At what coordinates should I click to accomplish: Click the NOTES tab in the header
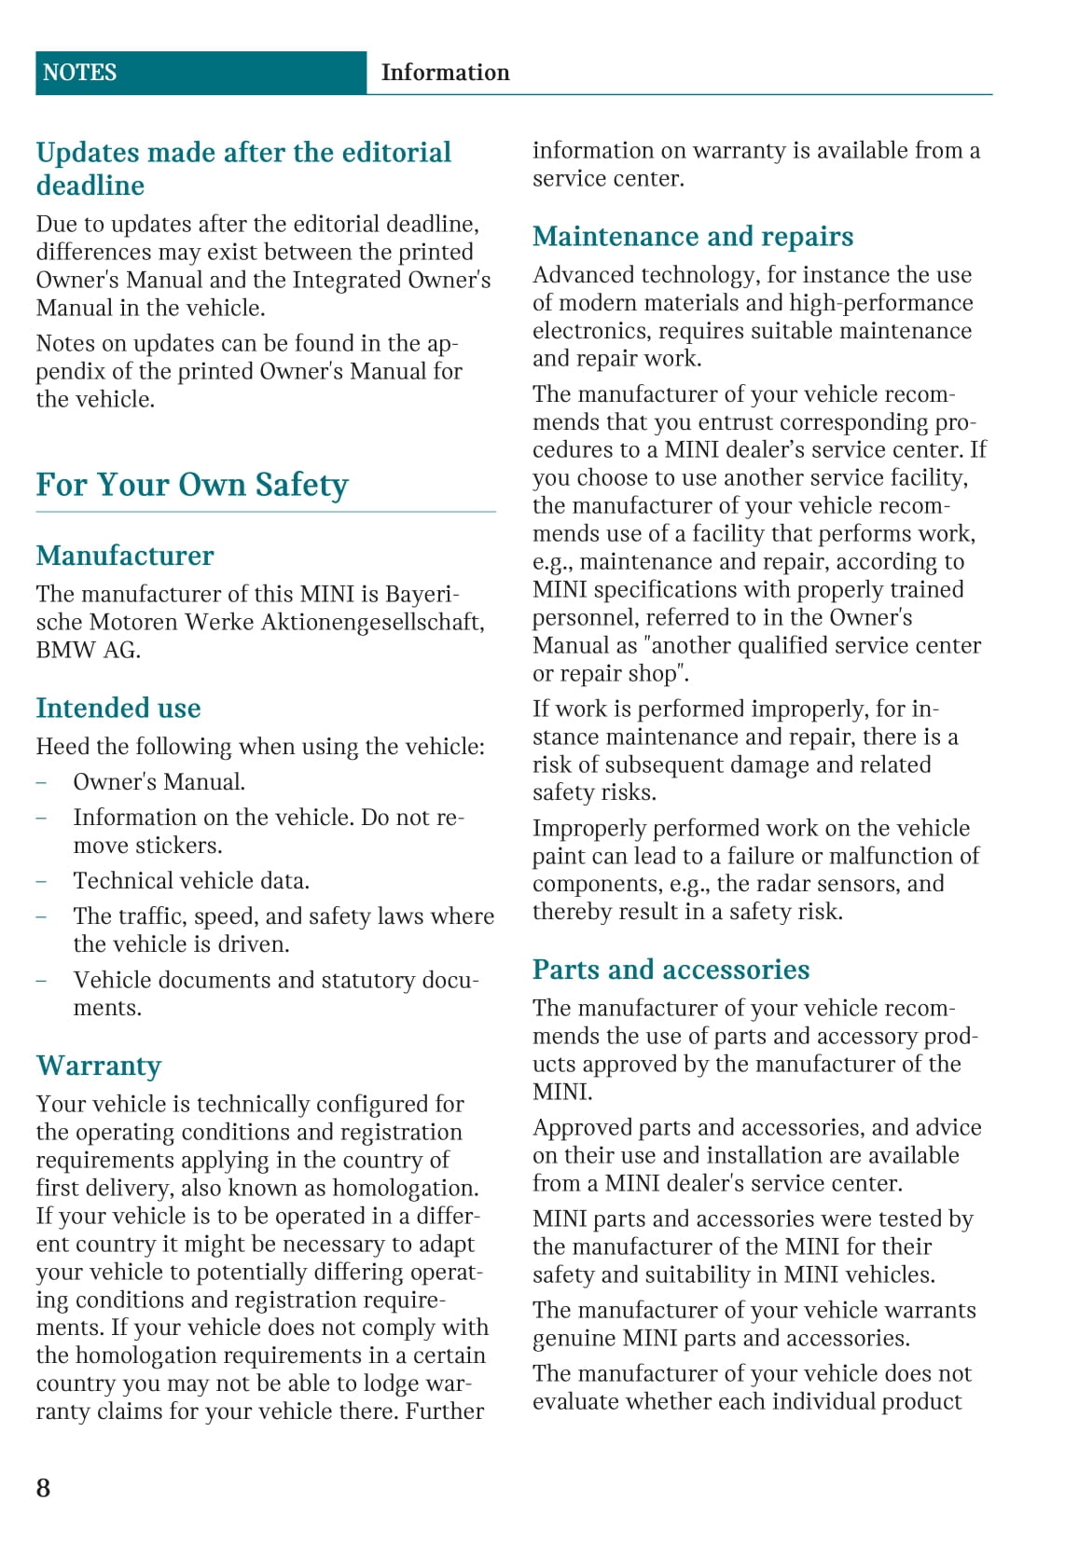[x=80, y=73]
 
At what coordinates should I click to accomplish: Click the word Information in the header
[x=445, y=73]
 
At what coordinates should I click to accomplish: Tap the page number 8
[x=44, y=1487]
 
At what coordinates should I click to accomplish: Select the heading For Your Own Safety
[x=192, y=485]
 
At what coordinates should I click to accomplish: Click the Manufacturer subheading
[x=125, y=556]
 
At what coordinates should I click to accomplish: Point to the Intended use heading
[x=118, y=709]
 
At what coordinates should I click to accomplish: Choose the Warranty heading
[x=99, y=1066]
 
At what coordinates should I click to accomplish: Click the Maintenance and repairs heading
[x=693, y=237]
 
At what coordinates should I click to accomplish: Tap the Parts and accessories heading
[x=671, y=970]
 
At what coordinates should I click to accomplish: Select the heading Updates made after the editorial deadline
[x=243, y=169]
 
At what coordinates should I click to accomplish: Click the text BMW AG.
[x=88, y=651]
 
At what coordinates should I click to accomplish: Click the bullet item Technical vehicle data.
[x=191, y=881]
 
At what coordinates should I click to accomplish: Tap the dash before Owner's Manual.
[x=41, y=782]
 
